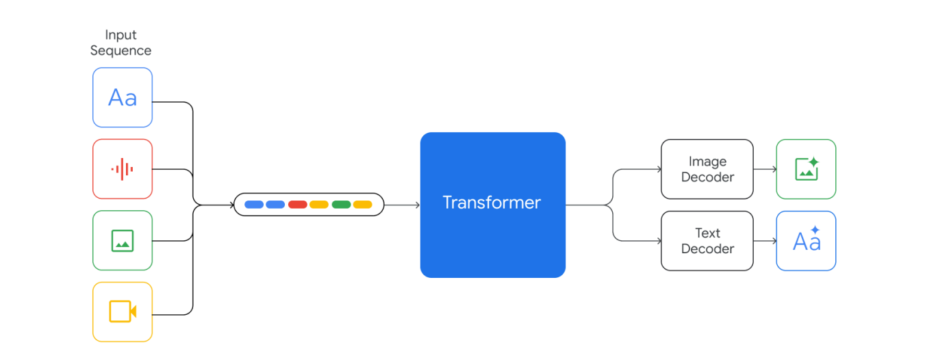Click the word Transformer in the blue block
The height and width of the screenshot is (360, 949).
(x=492, y=203)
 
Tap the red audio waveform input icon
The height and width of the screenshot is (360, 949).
(x=123, y=169)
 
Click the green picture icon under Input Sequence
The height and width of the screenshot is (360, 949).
(x=123, y=240)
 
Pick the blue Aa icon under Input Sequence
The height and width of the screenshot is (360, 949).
(x=123, y=98)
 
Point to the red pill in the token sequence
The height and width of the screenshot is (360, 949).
(x=297, y=205)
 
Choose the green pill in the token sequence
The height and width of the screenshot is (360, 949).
(x=341, y=205)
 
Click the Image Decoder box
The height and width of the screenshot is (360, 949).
(x=707, y=169)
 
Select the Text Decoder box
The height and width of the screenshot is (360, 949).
(x=707, y=241)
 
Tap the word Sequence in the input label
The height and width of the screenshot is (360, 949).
(x=121, y=51)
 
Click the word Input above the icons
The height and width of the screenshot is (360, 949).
(x=121, y=35)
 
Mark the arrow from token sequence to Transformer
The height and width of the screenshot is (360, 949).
(x=402, y=205)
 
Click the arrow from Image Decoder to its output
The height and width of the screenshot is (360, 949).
(x=764, y=169)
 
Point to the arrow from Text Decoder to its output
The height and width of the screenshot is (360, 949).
(x=764, y=241)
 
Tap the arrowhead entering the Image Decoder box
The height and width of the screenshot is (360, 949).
(x=658, y=169)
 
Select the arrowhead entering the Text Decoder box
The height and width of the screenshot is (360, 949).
(x=658, y=241)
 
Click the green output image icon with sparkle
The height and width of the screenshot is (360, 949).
(x=806, y=169)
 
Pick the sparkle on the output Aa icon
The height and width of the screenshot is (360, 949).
(x=815, y=231)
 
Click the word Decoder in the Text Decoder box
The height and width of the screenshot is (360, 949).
(x=707, y=249)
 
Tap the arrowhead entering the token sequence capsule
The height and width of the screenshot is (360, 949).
(x=231, y=205)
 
